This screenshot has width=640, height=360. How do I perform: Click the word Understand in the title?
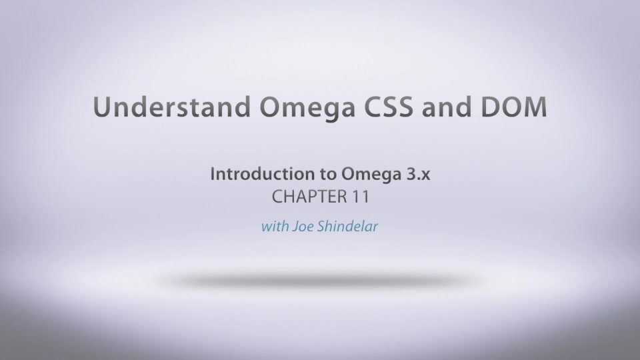157,107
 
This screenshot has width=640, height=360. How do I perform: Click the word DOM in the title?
513,107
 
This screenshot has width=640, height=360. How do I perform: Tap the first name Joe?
299,227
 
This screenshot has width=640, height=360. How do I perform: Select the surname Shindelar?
347,227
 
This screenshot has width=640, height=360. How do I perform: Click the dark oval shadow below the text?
320,281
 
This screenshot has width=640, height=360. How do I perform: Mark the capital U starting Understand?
103,107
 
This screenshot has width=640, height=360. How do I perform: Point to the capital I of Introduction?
213,175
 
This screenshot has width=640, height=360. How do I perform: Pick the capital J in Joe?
292,227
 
